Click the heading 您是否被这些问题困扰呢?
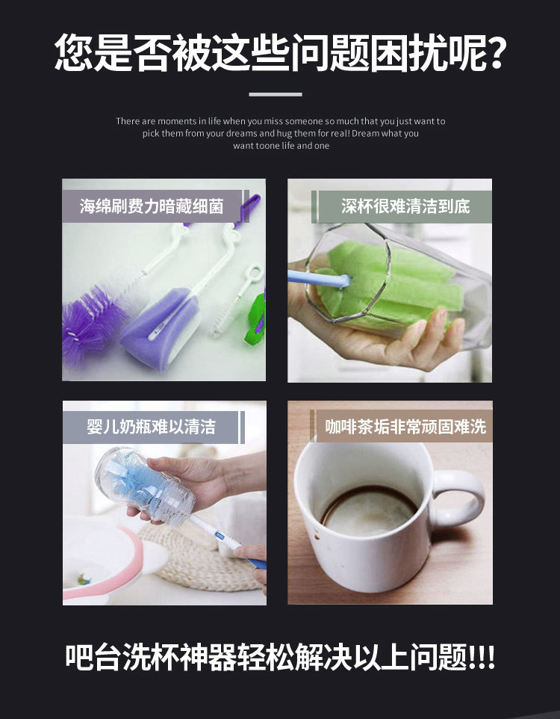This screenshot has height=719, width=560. point(280,52)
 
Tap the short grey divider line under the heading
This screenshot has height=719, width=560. point(275,94)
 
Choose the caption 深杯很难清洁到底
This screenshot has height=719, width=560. point(405,206)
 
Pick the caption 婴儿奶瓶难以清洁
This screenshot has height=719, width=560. point(152,427)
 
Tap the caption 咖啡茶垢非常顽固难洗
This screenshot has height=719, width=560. point(405,427)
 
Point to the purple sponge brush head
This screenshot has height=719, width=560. point(157,329)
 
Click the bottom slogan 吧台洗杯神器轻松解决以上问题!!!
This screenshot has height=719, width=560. point(280,658)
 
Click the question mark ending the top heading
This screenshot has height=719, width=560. point(493,52)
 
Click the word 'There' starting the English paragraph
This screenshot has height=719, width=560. point(128,121)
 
